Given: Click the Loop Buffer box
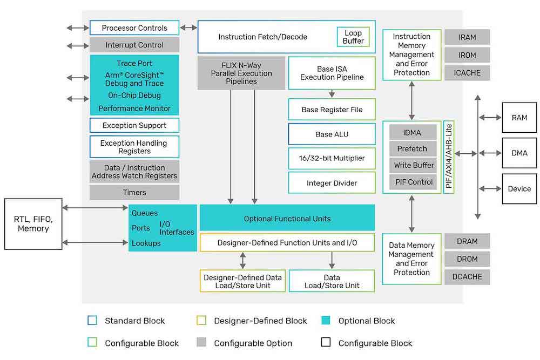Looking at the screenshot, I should (353, 37).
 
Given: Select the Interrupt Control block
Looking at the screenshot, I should (134, 45).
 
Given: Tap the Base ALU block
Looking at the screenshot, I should (332, 134).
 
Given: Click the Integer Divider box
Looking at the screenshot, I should (332, 183).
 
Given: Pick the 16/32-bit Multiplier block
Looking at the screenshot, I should (332, 158).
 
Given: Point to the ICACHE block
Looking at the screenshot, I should (467, 72).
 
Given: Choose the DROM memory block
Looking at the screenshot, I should (467, 259).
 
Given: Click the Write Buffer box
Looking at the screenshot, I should (412, 165).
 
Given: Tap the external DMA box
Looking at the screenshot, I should (519, 153).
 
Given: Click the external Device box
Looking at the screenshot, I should (519, 189).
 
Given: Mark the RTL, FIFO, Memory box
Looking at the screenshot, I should (33, 224).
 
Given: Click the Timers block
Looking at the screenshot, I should (134, 192).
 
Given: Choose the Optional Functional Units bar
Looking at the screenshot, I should (287, 219).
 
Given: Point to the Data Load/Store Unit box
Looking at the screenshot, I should (332, 281).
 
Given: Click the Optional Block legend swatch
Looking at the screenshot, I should (325, 321).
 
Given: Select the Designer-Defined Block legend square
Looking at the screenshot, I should (201, 321).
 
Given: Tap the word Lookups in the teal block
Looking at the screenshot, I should (146, 243).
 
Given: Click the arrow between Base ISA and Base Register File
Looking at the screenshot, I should (332, 93).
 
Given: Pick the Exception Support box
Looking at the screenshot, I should (134, 125).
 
